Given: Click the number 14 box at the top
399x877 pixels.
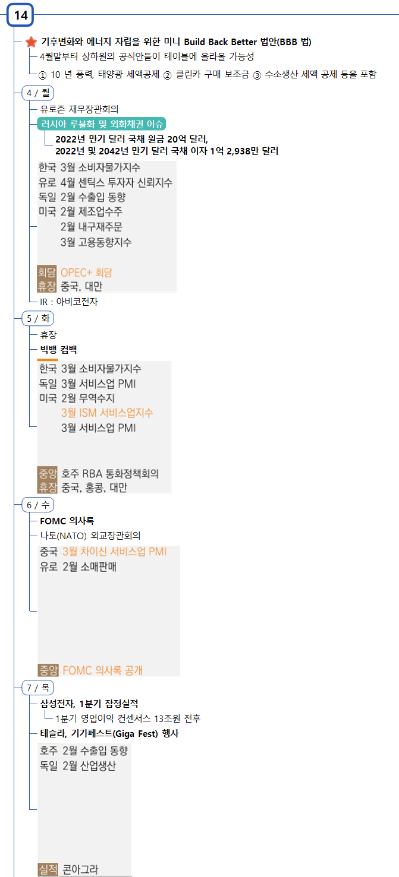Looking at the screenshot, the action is point(21,15).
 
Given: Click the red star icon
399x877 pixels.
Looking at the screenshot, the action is point(32,42).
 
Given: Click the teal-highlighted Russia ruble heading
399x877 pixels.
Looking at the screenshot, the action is point(101,124).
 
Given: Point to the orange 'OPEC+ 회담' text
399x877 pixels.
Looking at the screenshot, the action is point(86,273).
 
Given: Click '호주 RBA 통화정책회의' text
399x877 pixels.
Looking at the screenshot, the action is point(110,474).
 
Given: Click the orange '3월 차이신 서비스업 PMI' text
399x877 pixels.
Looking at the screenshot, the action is point(114,552).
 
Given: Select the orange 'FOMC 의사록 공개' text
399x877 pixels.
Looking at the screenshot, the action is point(102,670).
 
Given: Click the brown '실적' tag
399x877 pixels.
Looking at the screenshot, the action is point(48,869).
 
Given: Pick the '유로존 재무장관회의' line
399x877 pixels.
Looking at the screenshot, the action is point(79,109).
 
